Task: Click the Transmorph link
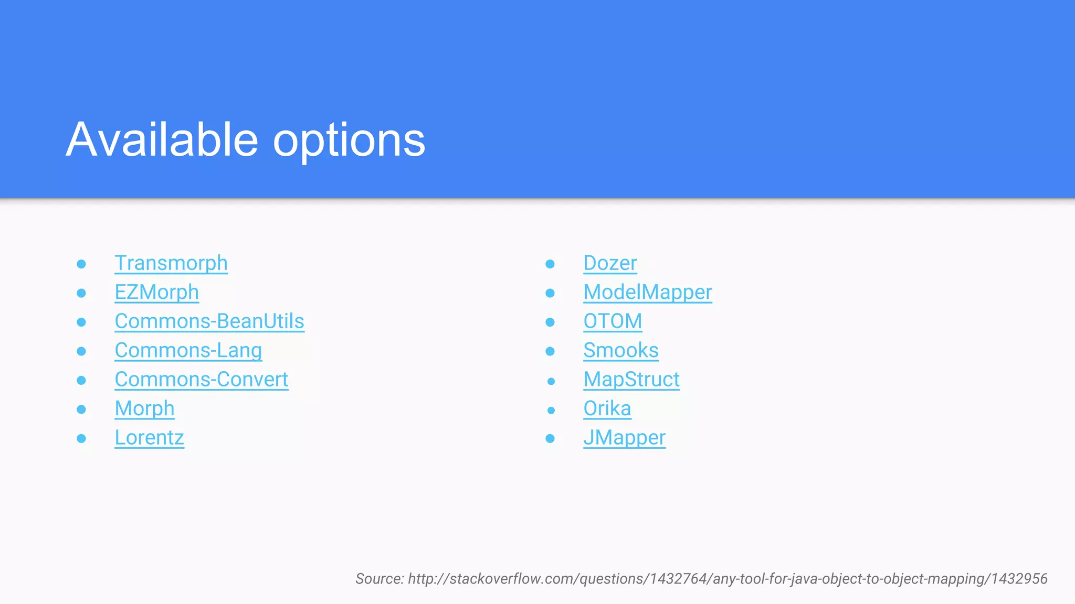coord(171,263)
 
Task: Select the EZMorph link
coord(156,293)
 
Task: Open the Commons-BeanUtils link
coord(209,321)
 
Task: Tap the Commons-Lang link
coord(188,351)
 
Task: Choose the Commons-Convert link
coord(201,380)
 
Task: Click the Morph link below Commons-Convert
coord(144,409)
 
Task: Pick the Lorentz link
coord(149,438)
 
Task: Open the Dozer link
coord(610,263)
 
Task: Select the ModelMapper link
coord(647,293)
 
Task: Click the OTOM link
coord(613,321)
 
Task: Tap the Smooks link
coord(620,351)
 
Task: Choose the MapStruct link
coord(631,380)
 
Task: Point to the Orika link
coord(607,409)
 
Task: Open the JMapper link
coord(624,438)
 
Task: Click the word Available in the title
coord(162,139)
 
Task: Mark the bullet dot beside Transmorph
coord(81,264)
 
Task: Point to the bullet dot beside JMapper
coord(550,438)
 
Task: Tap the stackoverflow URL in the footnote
coord(728,579)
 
